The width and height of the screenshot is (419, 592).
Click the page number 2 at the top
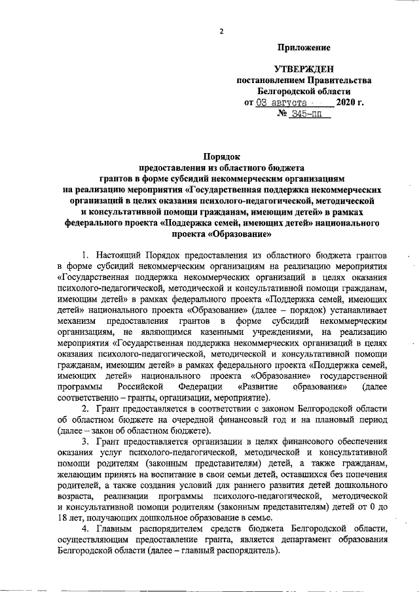coord(223,31)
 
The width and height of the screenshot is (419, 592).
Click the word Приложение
coord(304,48)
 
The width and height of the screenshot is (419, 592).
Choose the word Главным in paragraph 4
coord(113,527)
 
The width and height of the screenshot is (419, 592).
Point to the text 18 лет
coord(68,517)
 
